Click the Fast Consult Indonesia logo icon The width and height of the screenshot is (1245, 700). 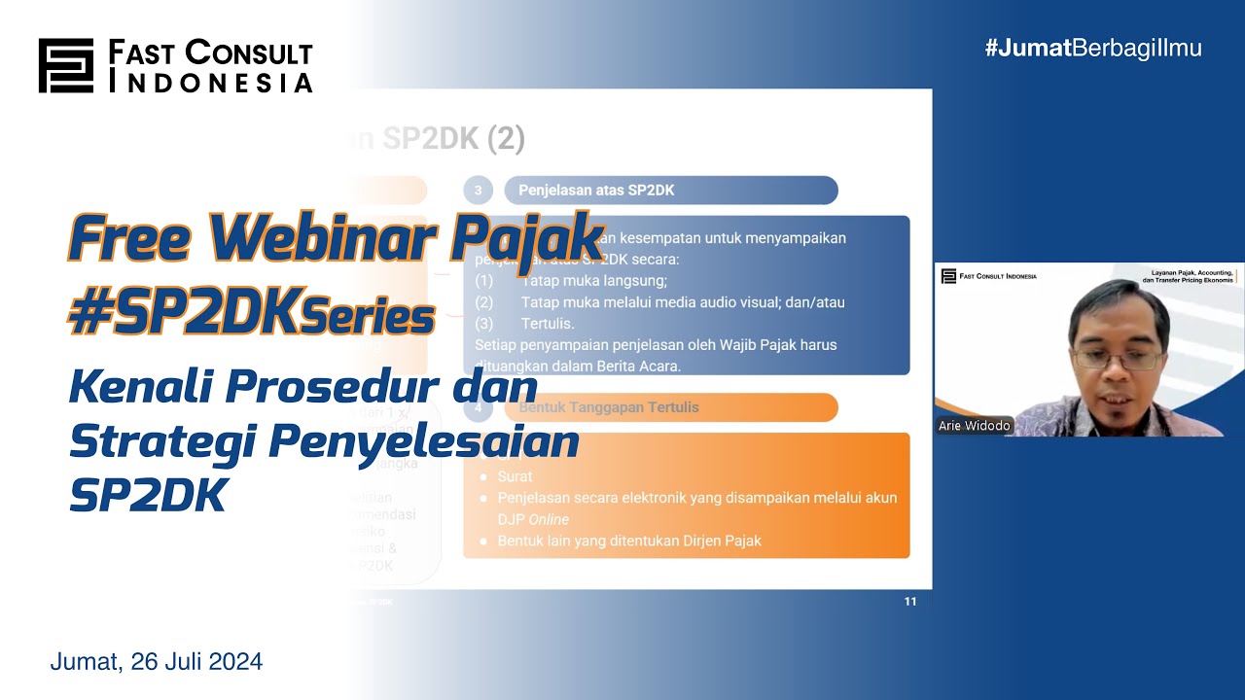coord(65,66)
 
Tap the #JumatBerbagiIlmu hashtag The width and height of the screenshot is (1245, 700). coord(1092,48)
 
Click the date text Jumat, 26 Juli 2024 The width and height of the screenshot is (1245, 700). coord(157,662)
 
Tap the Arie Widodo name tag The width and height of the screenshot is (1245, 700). coord(974,426)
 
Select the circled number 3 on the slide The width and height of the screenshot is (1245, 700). coord(478,191)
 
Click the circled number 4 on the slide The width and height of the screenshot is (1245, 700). coord(478,407)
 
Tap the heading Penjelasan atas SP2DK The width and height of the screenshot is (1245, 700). coord(596,191)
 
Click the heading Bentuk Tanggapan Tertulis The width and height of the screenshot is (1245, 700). coord(609,407)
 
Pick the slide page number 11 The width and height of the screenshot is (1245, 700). coord(909,601)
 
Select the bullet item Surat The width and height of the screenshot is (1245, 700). coord(515,476)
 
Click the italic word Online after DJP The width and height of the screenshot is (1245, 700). coord(549,519)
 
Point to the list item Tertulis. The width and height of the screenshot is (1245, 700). coord(548,323)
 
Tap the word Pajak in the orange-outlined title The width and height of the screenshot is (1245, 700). coord(526,239)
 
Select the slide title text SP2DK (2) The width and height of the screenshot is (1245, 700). coord(453,139)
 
